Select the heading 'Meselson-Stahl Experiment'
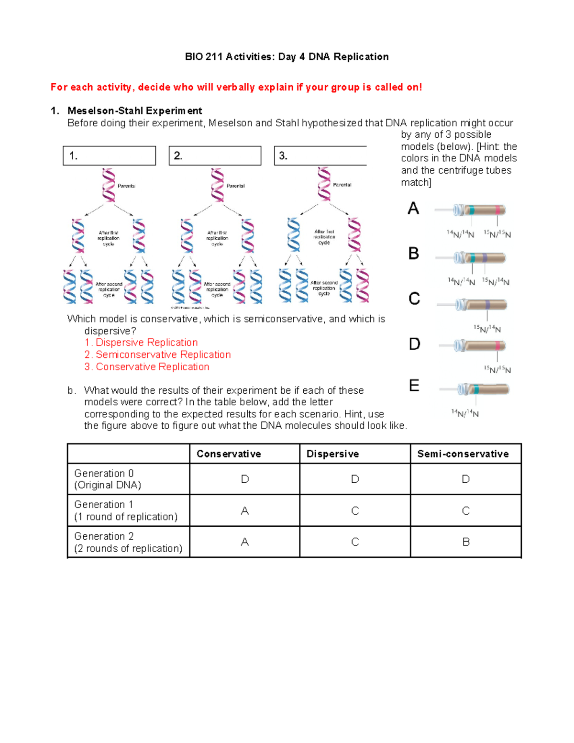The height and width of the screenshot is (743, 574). (134, 111)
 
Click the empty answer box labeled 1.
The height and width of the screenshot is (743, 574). (109, 155)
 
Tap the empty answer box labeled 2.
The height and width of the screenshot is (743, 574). (215, 155)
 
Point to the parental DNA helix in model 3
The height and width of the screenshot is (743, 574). (324, 184)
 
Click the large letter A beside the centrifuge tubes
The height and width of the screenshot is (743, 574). (413, 209)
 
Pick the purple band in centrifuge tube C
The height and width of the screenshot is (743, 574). (487, 305)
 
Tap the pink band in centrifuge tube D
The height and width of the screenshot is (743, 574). (498, 345)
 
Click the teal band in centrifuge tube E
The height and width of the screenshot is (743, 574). (476, 389)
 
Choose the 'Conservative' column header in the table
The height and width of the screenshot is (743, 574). (229, 454)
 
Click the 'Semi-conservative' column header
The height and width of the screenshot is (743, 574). (463, 454)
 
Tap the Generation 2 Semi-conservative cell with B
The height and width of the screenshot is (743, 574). (466, 542)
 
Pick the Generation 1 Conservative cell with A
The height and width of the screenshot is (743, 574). (244, 511)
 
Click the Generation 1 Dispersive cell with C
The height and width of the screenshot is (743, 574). (355, 511)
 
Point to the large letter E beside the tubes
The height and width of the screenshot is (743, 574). (414, 386)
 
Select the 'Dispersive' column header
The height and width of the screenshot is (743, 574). (332, 454)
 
